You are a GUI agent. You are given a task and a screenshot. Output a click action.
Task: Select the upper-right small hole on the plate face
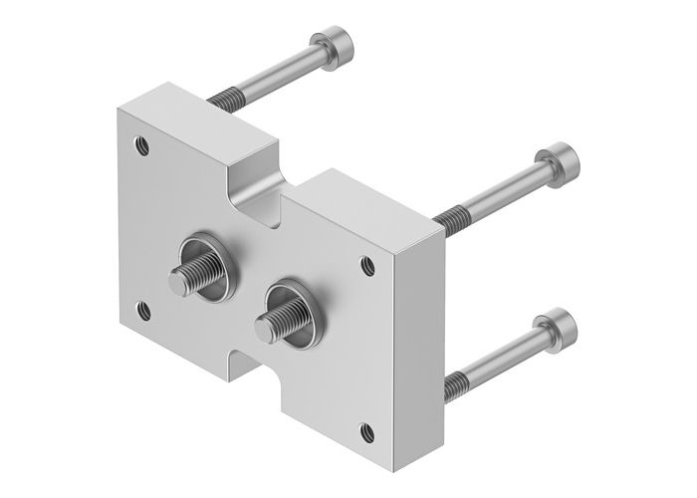coord(368,265)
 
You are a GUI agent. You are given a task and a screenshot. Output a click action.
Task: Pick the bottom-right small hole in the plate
coord(367,430)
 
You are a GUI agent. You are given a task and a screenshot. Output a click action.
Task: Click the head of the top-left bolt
coord(334,45)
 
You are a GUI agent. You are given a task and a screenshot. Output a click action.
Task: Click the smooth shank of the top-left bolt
coord(279,69)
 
